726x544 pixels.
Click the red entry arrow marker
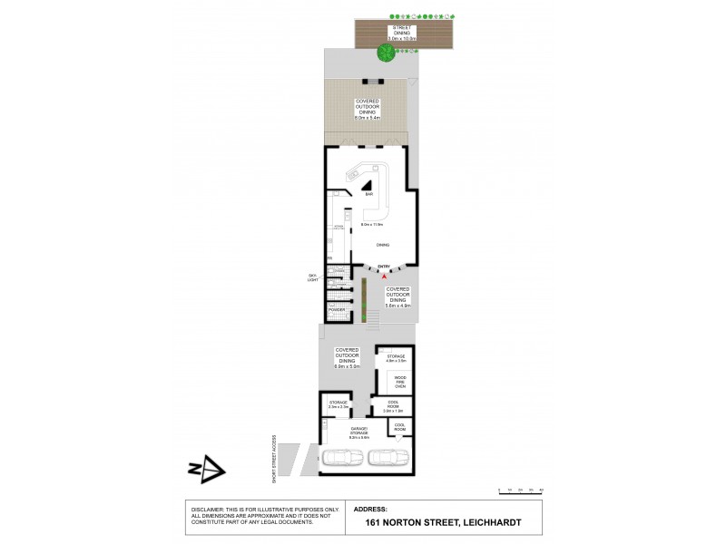click(x=384, y=274)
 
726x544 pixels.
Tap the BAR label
click(x=369, y=195)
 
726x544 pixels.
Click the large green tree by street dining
click(x=385, y=53)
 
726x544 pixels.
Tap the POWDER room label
click(x=337, y=309)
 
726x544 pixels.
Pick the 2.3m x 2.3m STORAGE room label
click(x=338, y=405)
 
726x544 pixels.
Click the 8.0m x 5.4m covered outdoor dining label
click(x=368, y=110)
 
